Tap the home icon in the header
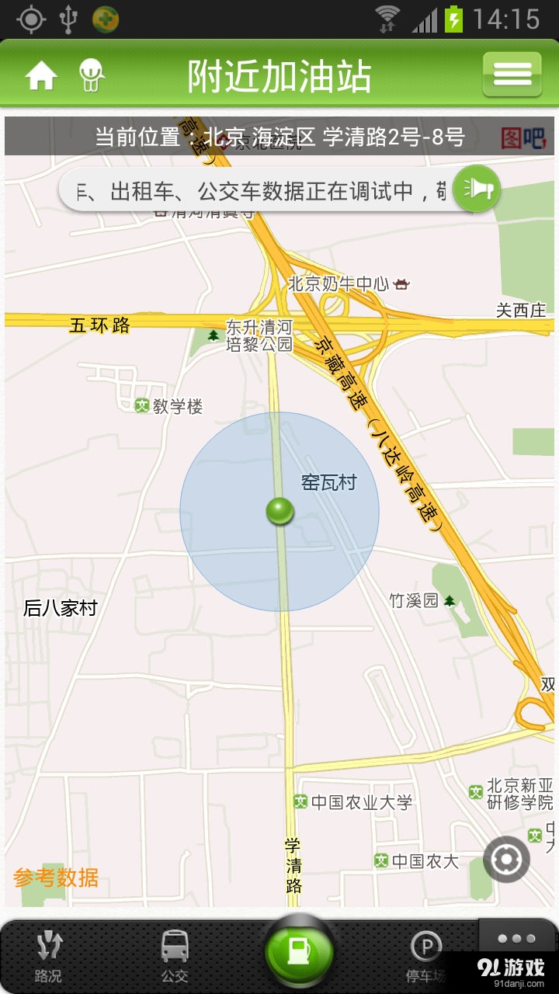pos(41,76)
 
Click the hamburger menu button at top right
pos(512,75)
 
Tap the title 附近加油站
pos(279,76)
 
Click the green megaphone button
pos(476,189)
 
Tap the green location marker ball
pos(279,511)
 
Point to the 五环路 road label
pos(100,325)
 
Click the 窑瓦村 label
pos(328,482)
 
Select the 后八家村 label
pos(61,608)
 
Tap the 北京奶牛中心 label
pos(339,284)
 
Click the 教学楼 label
pos(177,406)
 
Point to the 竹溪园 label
pos(414,600)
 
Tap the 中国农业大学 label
pos(361,802)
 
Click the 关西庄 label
pos(521,311)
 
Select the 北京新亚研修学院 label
pos(519,794)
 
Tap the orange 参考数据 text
pos(56,878)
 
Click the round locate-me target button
pos(506,860)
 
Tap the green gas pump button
pos(299,952)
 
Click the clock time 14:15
pos(505,19)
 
